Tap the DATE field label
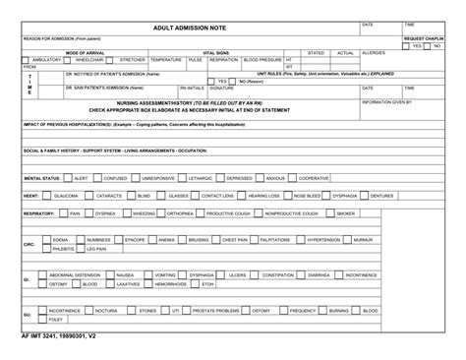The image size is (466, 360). [368, 23]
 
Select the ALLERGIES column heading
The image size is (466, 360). [374, 52]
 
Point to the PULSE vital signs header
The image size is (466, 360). [195, 59]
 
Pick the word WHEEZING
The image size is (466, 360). [146, 212]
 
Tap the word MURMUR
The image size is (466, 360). [363, 239]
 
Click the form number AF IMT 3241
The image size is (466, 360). [43, 335]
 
